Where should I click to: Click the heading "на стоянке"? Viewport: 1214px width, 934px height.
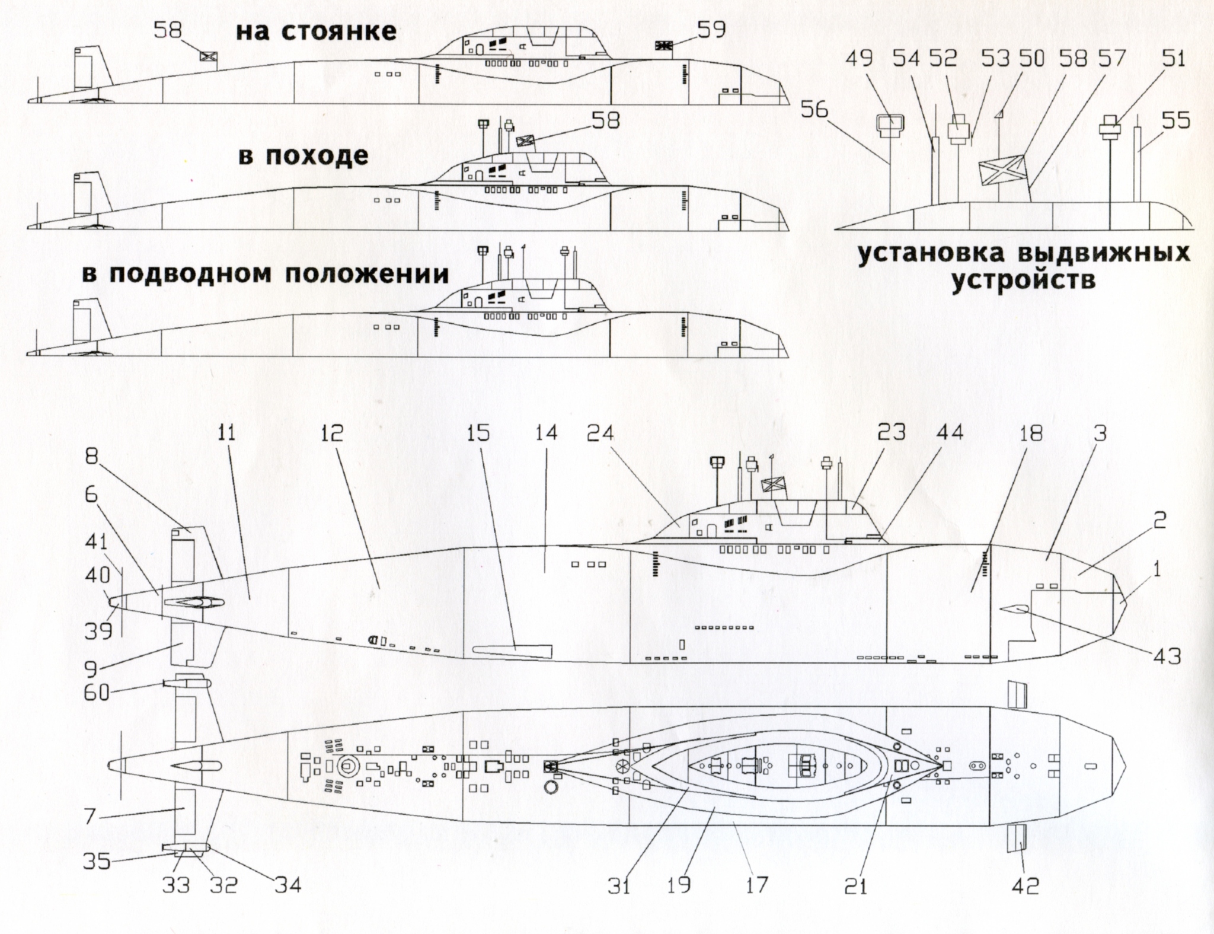(316, 31)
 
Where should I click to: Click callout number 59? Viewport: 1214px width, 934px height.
(711, 29)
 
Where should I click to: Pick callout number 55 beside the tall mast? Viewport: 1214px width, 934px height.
(1175, 121)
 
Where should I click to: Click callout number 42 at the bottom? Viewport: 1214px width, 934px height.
(1026, 886)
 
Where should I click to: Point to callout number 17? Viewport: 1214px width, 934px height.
(757, 885)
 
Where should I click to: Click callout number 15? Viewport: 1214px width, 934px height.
(478, 433)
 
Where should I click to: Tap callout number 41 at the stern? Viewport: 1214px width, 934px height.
(97, 543)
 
